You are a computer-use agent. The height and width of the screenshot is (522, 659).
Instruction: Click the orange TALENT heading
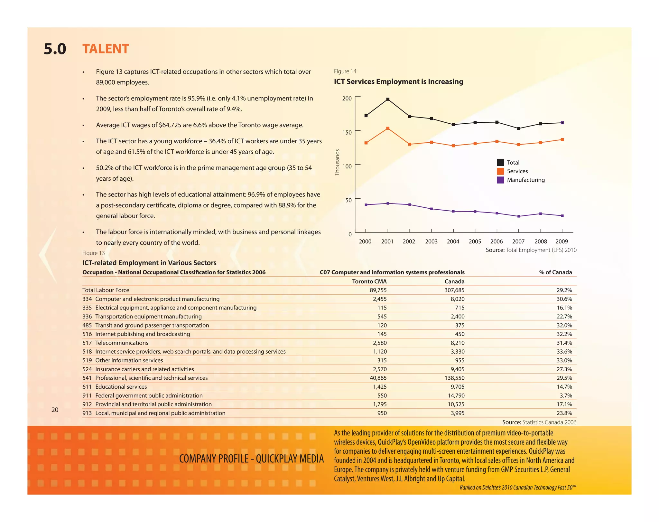point(106,49)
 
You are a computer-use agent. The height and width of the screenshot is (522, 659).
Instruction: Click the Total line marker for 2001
point(388,99)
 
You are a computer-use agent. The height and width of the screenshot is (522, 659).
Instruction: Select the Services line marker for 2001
point(388,128)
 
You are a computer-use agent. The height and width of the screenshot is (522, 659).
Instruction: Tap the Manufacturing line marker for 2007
point(518,216)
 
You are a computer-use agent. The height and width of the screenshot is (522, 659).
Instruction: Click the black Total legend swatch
point(500,163)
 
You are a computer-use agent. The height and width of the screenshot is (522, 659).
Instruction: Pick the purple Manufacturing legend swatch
point(500,180)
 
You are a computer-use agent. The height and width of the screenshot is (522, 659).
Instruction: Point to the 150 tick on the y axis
point(347,132)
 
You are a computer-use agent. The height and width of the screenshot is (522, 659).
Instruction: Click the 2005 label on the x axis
point(475,242)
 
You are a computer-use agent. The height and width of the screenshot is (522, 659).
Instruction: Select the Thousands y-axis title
point(337,162)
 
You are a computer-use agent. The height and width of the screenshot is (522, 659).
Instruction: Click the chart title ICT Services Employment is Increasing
point(398,81)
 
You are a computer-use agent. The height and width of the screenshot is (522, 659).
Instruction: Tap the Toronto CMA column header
point(369,281)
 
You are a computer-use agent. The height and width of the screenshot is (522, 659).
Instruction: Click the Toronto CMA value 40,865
point(378,378)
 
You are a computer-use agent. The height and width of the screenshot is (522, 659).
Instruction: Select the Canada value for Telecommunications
point(458,343)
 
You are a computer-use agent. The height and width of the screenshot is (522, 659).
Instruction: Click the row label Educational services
point(121,387)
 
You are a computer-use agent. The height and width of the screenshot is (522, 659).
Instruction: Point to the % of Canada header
point(555,272)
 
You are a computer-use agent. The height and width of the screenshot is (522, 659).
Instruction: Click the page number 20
point(55,410)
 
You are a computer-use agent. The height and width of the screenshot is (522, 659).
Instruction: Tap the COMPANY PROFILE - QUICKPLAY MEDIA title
point(251,459)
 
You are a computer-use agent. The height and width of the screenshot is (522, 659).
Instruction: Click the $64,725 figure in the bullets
point(170,125)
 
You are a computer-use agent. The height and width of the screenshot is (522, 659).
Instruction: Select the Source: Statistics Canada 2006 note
point(539,422)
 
